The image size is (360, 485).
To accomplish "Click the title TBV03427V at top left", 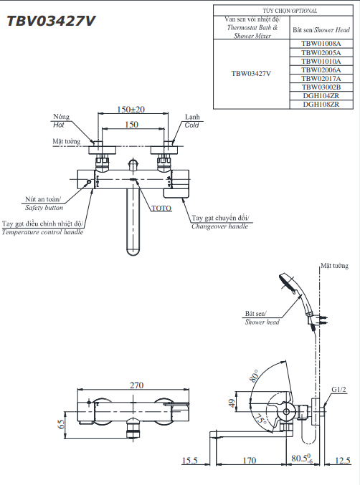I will click(51, 21).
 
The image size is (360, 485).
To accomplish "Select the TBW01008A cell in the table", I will click(321, 44).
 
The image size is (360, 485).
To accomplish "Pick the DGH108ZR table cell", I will click(321, 104).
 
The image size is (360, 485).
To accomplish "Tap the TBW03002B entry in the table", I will click(321, 87).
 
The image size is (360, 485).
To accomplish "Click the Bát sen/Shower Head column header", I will click(321, 31).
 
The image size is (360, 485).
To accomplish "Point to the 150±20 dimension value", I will click(131, 110).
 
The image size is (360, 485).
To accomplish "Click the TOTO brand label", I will click(161, 208).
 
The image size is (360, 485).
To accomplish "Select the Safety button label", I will click(44, 203).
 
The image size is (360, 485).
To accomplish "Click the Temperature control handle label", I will click(42, 228).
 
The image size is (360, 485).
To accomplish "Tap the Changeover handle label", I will click(220, 222).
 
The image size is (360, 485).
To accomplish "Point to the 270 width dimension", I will click(136, 385).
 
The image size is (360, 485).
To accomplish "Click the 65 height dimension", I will click(62, 423).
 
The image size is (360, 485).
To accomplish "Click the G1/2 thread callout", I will click(338, 390).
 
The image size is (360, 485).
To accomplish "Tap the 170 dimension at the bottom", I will click(249, 461).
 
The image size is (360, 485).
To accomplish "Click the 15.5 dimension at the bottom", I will click(189, 461).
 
